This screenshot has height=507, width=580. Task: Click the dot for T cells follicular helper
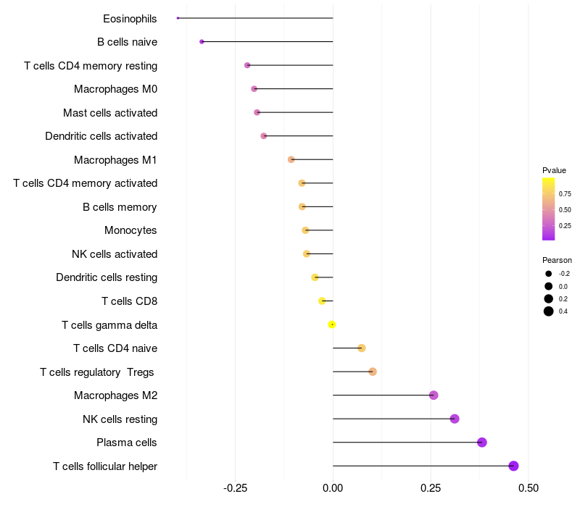click(x=513, y=466)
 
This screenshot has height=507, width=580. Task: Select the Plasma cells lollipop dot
click(x=481, y=443)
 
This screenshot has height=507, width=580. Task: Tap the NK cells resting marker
click(x=455, y=419)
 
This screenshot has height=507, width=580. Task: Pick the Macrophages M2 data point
click(x=434, y=395)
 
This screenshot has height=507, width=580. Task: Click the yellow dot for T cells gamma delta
click(x=332, y=324)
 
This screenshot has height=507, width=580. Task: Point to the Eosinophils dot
click(x=178, y=18)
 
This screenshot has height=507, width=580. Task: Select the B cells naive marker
click(x=202, y=42)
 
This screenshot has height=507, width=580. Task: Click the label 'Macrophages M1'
click(x=115, y=159)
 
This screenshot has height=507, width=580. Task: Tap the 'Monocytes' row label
click(x=130, y=230)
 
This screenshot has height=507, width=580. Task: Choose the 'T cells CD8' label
click(x=129, y=301)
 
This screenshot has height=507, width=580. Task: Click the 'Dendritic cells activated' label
click(x=101, y=136)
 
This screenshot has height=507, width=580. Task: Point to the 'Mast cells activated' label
click(x=110, y=112)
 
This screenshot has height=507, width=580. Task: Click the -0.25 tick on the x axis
click(x=235, y=488)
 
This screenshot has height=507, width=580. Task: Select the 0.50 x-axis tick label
click(x=528, y=488)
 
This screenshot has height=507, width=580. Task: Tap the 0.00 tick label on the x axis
click(x=333, y=488)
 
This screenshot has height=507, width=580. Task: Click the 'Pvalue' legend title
click(x=554, y=170)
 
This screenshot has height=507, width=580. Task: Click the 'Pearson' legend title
click(x=557, y=260)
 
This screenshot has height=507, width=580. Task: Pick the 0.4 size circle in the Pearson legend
click(x=549, y=311)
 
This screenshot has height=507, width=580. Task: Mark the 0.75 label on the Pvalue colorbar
click(x=565, y=194)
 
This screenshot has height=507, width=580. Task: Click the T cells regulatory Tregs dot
click(x=373, y=372)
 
